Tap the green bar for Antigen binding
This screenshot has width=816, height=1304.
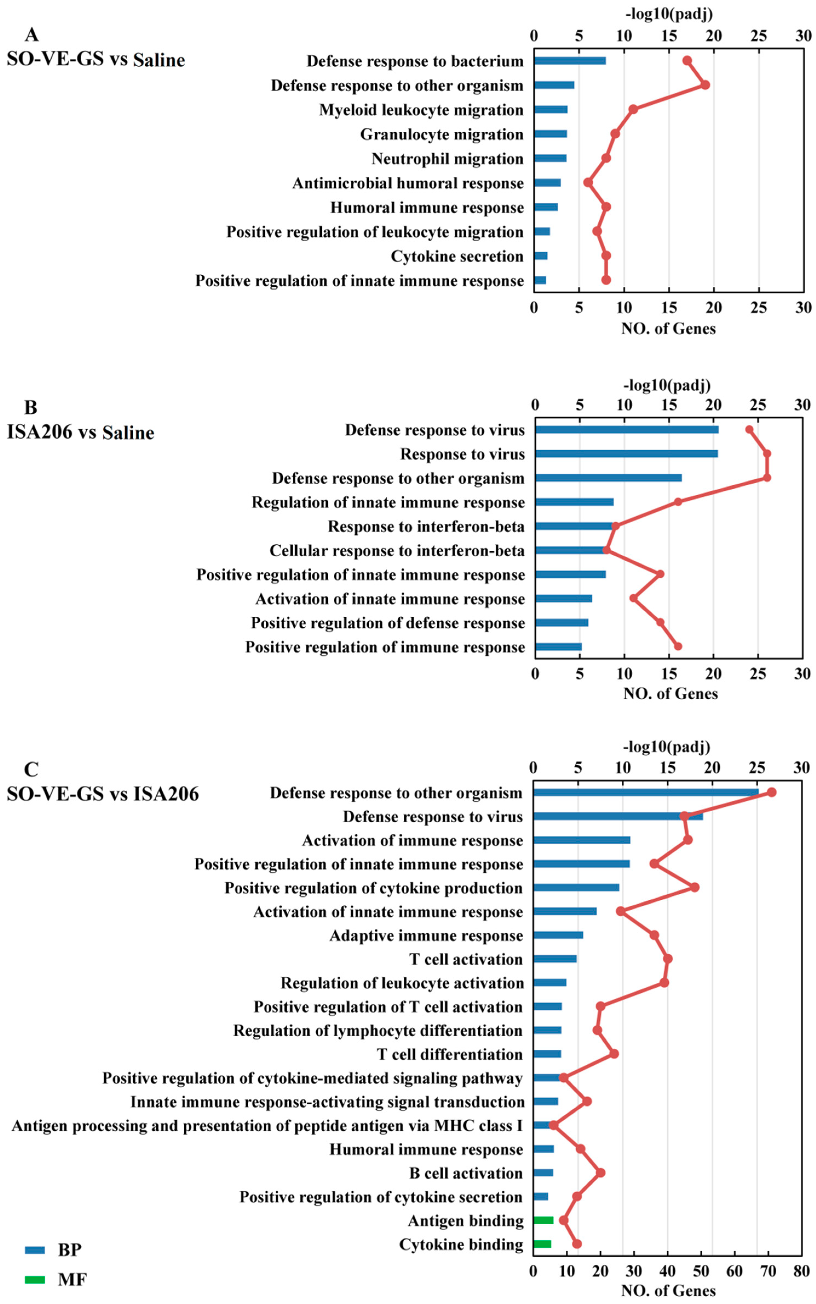[543, 1220]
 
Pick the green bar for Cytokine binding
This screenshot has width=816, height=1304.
[542, 1244]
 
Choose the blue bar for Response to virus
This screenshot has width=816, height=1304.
[626, 454]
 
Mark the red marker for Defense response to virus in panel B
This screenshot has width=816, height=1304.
[749, 429]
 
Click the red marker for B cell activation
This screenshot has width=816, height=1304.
[600, 1173]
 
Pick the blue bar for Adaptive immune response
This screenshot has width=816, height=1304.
[558, 935]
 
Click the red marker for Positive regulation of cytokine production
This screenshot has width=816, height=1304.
[694, 887]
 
